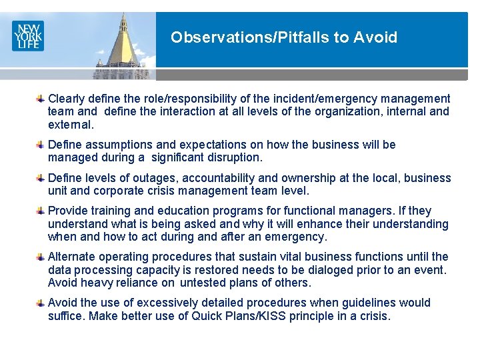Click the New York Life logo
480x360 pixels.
pos(27,35)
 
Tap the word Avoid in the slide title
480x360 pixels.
pos(377,37)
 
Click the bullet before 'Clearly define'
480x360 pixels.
pos(41,99)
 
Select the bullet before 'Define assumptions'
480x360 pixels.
pos(41,145)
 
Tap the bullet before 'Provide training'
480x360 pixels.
pos(41,211)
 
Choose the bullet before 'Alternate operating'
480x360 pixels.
pos(41,257)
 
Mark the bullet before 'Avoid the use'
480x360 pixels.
pos(41,303)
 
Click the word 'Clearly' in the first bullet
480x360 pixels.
pos(67,99)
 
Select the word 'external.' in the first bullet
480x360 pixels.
pos(71,125)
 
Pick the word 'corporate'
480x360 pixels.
pos(115,191)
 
